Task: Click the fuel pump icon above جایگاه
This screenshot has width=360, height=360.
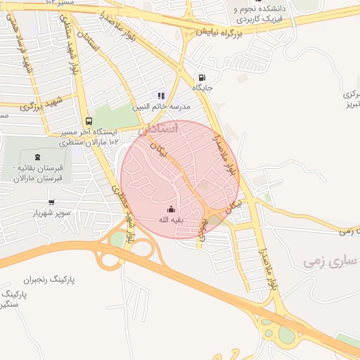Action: tap(202, 78)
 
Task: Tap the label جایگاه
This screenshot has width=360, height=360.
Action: tap(204, 89)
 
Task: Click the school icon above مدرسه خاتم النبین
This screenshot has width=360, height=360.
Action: tap(161, 96)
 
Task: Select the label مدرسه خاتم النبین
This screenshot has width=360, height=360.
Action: tap(162, 106)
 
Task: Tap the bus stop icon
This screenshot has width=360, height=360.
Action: tap(88, 120)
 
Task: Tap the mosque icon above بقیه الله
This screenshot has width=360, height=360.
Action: tap(171, 209)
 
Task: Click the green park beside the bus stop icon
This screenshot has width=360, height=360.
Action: tap(110, 116)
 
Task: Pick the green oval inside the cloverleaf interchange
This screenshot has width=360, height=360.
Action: tap(117, 239)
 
